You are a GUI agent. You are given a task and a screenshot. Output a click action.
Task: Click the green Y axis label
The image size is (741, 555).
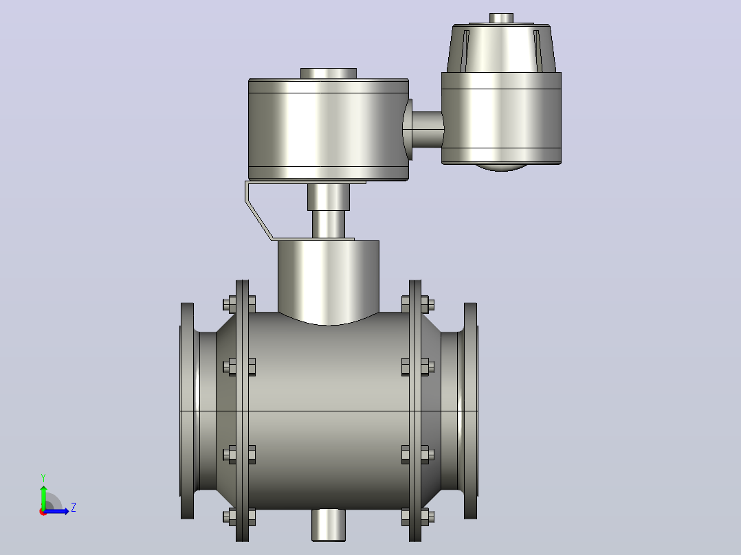click(43, 478)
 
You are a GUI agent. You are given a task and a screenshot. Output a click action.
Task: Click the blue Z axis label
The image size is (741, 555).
click(74, 508)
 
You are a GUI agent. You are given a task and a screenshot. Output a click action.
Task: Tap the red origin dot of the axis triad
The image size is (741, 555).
click(43, 512)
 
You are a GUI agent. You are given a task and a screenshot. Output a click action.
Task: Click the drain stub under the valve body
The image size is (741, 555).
click(329, 525)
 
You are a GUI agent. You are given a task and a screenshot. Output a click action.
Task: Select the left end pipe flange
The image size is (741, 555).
click(187, 411)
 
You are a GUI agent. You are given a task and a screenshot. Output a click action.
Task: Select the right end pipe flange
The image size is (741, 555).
click(471, 411)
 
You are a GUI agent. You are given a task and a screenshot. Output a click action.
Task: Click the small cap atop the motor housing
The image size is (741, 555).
click(501, 18)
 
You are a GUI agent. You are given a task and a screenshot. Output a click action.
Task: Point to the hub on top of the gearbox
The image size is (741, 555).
click(329, 73)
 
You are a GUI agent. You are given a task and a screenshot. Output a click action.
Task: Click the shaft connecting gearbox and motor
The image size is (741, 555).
click(428, 129)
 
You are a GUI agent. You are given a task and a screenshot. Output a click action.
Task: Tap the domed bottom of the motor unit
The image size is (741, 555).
click(501, 167)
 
